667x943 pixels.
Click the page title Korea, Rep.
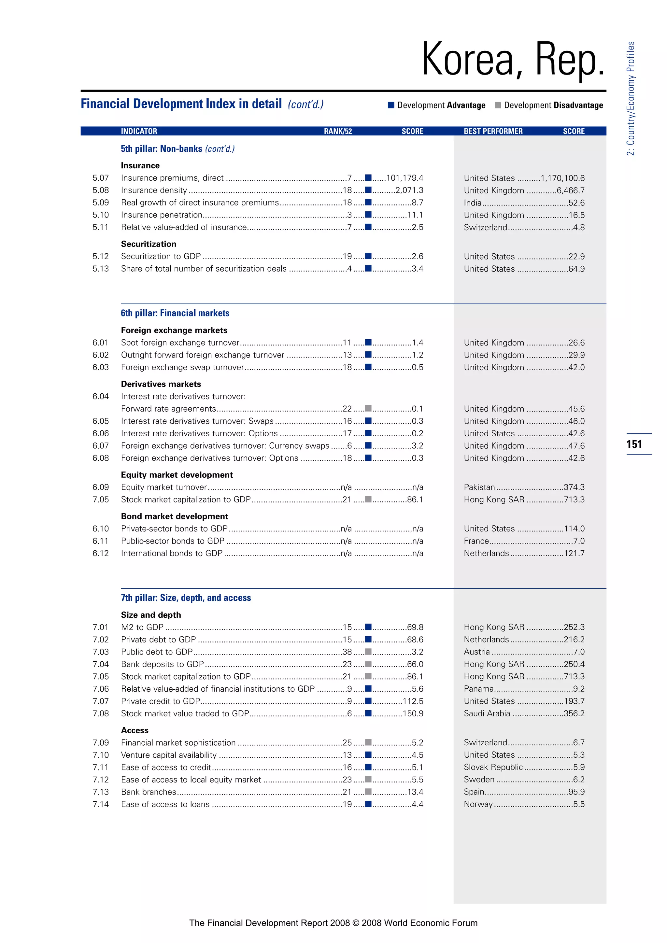click(x=513, y=60)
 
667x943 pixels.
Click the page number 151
click(x=634, y=444)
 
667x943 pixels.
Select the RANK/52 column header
click(x=338, y=132)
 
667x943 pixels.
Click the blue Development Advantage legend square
click(x=391, y=105)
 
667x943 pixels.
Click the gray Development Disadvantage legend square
click(x=498, y=105)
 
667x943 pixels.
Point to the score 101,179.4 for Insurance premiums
click(x=404, y=178)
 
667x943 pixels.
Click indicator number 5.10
click(x=101, y=215)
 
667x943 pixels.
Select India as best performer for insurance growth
click(x=472, y=203)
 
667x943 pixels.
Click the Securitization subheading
click(x=148, y=244)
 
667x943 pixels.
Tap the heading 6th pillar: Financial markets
click(x=175, y=313)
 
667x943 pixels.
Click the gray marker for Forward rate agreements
click(x=368, y=409)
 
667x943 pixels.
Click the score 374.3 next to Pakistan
click(x=574, y=487)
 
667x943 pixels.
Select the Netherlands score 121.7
click(x=574, y=553)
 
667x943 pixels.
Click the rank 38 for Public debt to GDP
click(x=347, y=652)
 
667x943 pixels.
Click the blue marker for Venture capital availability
click(x=368, y=754)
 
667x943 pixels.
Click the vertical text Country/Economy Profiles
click(x=631, y=99)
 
